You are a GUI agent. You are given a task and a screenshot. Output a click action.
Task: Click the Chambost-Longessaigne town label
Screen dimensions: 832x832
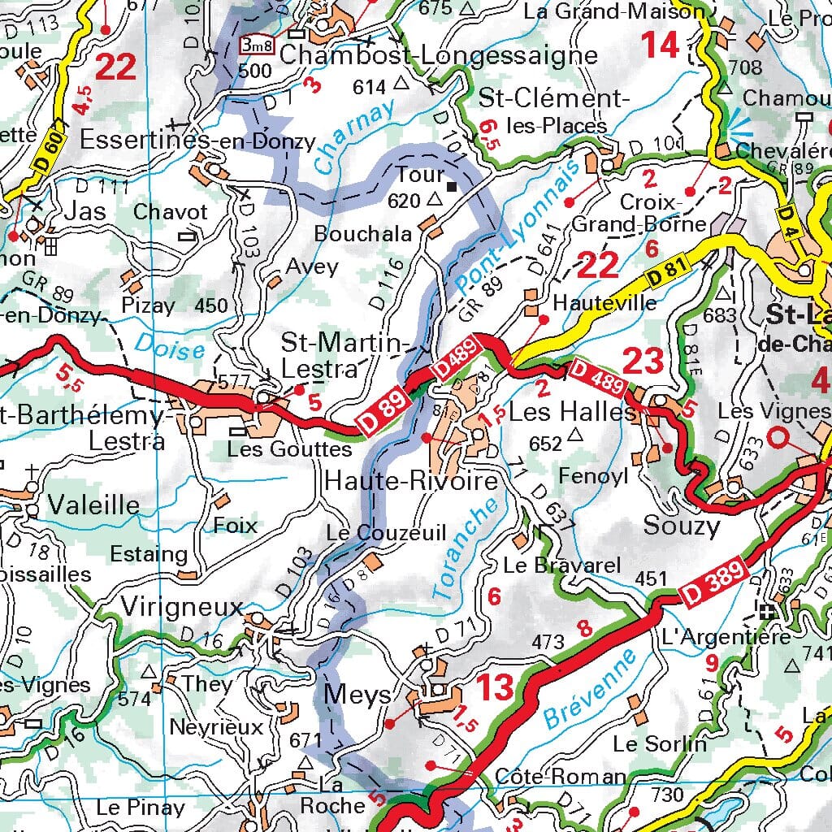tap(438, 55)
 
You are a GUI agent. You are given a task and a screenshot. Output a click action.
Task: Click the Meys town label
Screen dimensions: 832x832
tap(357, 695)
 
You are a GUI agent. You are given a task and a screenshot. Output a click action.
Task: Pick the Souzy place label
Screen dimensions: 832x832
tap(681, 526)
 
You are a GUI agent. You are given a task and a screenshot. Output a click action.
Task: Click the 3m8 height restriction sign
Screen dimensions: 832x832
tap(258, 46)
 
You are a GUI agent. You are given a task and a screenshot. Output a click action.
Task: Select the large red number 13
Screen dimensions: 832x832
tap(494, 687)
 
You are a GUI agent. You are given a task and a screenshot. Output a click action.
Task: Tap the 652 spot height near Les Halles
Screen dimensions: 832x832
tap(545, 444)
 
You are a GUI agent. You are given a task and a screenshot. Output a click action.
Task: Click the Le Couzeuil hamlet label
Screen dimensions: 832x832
tap(386, 533)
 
